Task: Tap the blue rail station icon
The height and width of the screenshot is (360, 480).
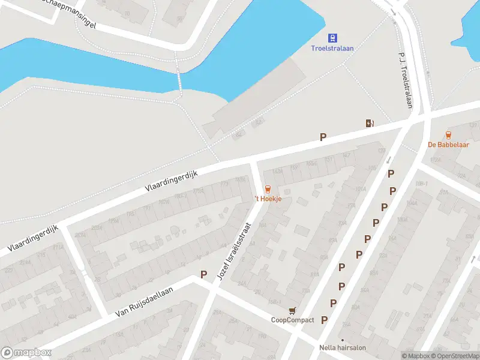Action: (332, 37)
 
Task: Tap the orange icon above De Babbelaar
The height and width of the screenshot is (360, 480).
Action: (448, 135)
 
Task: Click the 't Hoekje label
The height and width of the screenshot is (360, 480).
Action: (268, 199)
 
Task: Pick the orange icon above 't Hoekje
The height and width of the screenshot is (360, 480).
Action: (268, 189)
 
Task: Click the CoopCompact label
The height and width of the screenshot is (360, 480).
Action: (292, 320)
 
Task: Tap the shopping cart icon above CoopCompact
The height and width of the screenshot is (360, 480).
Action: (292, 310)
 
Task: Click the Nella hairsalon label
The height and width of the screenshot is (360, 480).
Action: (343, 347)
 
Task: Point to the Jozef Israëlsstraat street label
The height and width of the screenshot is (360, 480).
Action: (239, 251)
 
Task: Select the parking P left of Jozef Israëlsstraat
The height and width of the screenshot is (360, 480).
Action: (204, 274)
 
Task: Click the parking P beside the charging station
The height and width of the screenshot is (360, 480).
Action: (323, 137)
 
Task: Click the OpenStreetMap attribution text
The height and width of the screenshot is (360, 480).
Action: (454, 356)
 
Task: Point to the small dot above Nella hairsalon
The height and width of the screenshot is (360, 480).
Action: (343, 340)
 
